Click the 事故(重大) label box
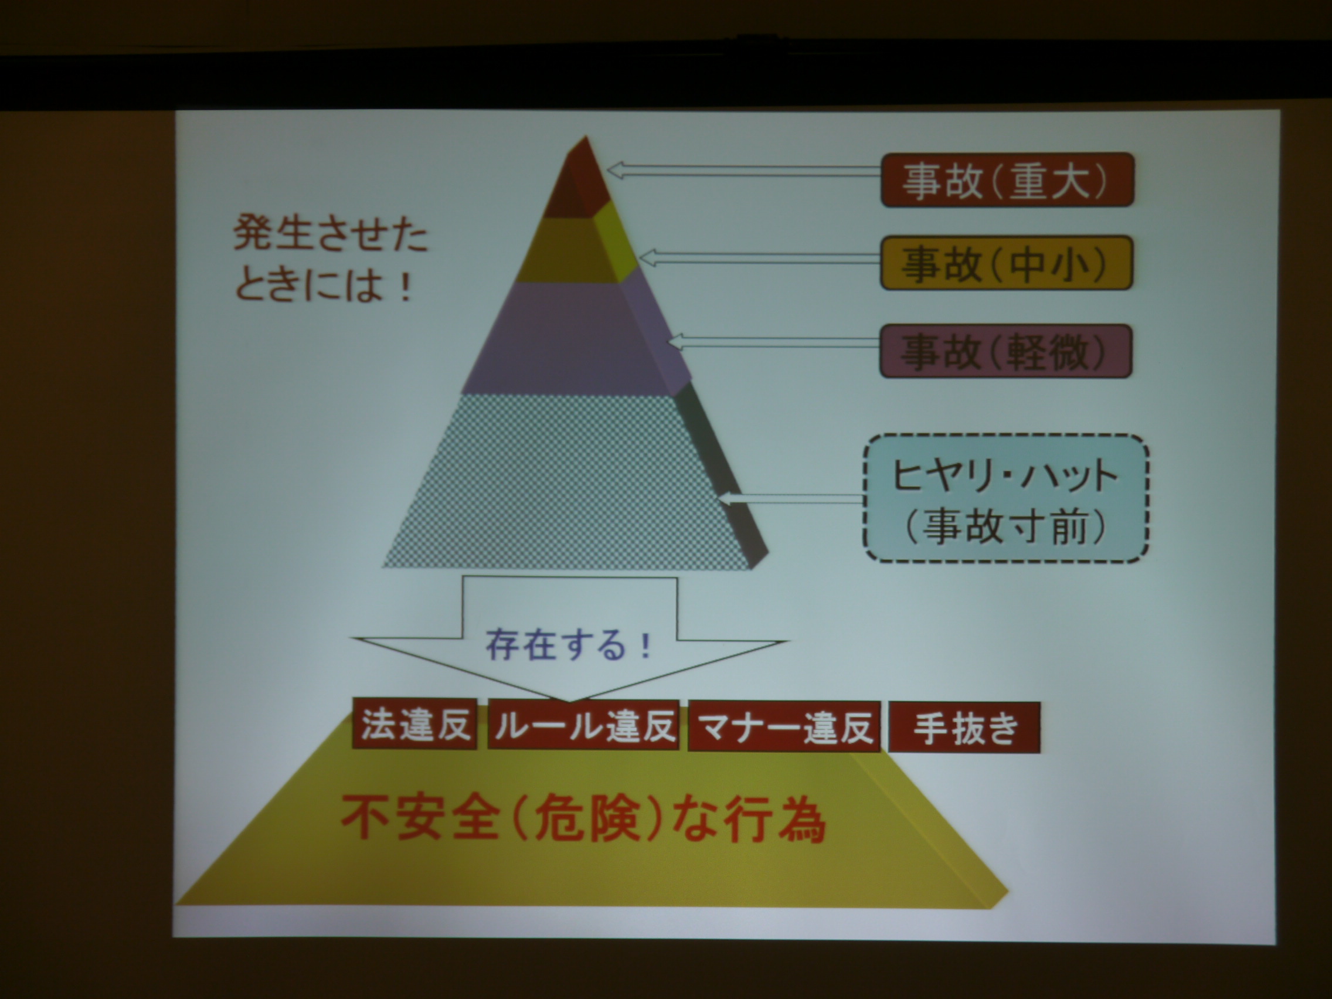1007,180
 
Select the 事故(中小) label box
1007,263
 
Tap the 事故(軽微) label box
1005,351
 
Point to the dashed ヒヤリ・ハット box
1006,498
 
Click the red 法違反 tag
415,724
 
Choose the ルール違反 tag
583,725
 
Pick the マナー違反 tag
784,726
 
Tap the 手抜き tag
964,728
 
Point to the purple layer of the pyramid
575,337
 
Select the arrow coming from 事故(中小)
759,259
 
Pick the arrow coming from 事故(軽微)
774,342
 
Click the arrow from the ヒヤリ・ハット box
792,498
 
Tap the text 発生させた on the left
331,234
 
